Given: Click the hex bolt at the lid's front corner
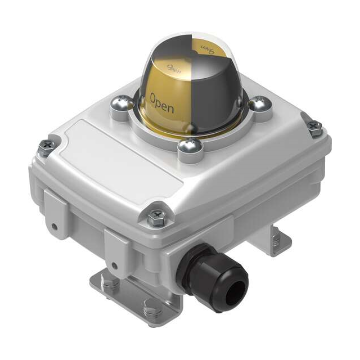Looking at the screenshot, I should (156, 217).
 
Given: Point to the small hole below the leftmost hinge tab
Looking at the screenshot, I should (55, 227).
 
